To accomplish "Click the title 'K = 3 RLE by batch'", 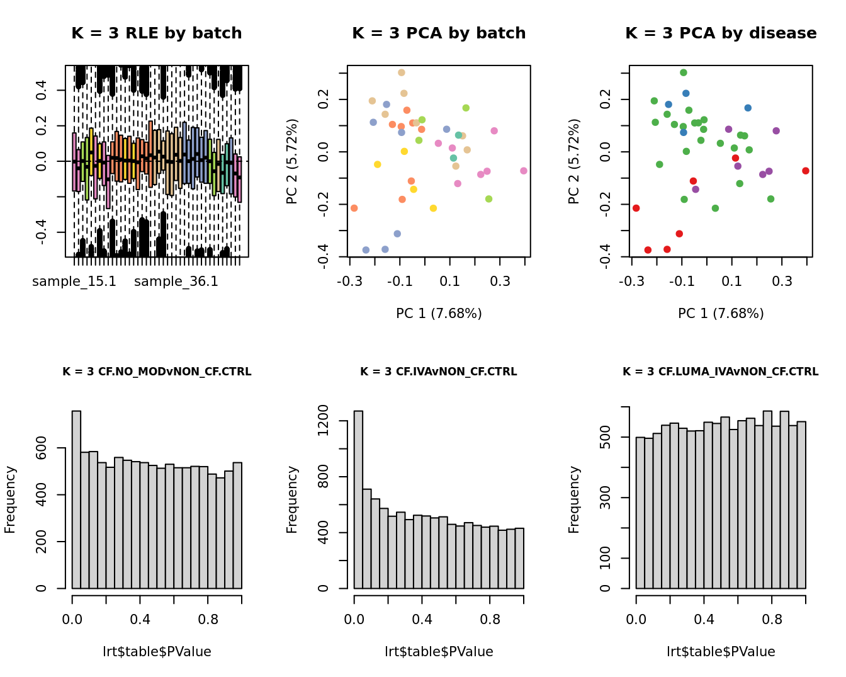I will point(157,33).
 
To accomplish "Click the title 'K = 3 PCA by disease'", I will point(721,33).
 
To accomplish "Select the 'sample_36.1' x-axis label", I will point(176,282).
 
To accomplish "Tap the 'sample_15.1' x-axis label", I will point(74,282).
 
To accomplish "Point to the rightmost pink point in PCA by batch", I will point(524,171).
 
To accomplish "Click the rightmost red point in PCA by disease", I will point(806,171).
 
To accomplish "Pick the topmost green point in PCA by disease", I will point(684,72).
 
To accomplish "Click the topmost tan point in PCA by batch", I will point(402,72).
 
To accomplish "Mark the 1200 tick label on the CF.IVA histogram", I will point(324,420).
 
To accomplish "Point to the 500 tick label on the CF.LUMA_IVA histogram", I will point(606,438).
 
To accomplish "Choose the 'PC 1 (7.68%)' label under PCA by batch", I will point(439,313).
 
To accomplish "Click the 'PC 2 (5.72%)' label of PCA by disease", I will point(574,161).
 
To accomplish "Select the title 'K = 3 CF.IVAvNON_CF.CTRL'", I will point(439,372).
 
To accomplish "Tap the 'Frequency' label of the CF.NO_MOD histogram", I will point(10,499).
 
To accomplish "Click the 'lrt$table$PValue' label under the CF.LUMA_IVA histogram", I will point(721,652).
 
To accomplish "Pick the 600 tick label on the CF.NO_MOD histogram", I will point(42,448).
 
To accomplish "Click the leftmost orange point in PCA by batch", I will point(354,208).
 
